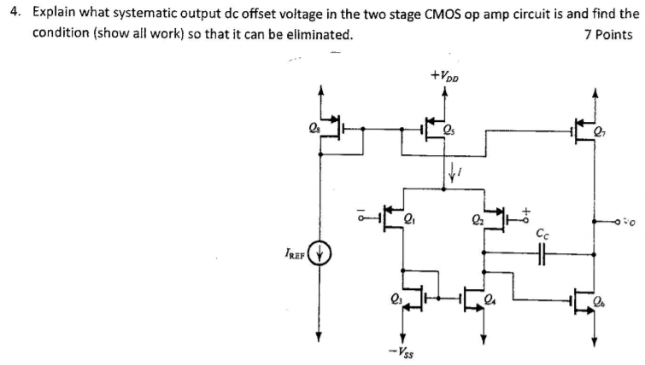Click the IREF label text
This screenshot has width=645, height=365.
[x=293, y=252]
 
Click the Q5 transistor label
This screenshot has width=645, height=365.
[x=449, y=130]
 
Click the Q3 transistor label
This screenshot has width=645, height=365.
[x=395, y=298]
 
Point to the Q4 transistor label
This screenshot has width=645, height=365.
[x=489, y=298]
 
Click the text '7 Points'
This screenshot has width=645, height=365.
[x=609, y=35]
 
